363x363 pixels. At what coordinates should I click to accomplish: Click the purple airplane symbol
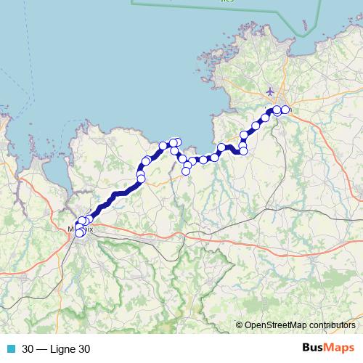(270, 91)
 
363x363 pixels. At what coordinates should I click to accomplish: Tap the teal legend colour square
(10, 349)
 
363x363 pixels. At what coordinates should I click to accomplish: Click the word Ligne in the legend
(62, 349)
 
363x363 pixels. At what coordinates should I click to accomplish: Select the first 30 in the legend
(28, 349)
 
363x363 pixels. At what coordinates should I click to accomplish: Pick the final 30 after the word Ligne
(84, 349)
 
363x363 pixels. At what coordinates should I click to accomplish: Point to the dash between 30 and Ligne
(41, 349)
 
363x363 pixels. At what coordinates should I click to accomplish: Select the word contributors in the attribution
(335, 326)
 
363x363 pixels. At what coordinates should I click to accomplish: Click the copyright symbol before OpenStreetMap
(239, 326)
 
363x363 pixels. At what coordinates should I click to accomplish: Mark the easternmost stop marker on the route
(285, 110)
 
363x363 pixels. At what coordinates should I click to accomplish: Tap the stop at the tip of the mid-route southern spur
(186, 172)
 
